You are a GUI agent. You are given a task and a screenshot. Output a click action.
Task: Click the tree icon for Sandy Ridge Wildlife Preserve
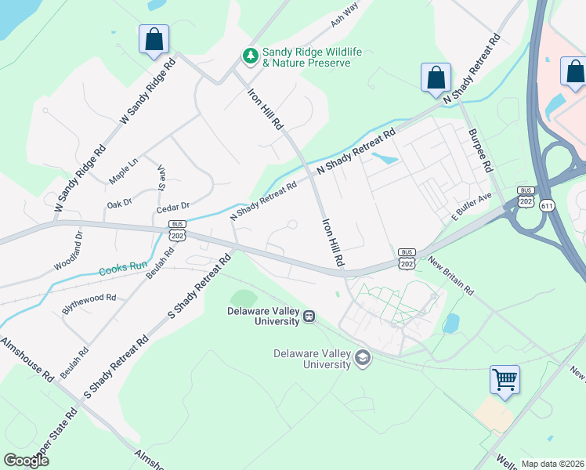tap(251, 55)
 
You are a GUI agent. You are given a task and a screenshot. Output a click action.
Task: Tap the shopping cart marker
tap(505, 380)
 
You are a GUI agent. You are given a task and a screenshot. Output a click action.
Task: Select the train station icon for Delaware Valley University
tap(309, 316)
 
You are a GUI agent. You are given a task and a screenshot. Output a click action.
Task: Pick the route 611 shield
tap(547, 205)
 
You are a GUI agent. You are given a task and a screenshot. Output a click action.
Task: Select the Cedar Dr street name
tap(173, 206)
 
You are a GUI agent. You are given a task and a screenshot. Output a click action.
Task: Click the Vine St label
tap(162, 177)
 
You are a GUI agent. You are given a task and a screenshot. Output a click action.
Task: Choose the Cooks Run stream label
tap(123, 269)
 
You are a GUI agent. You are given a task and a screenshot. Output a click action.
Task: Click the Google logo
tap(25, 460)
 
